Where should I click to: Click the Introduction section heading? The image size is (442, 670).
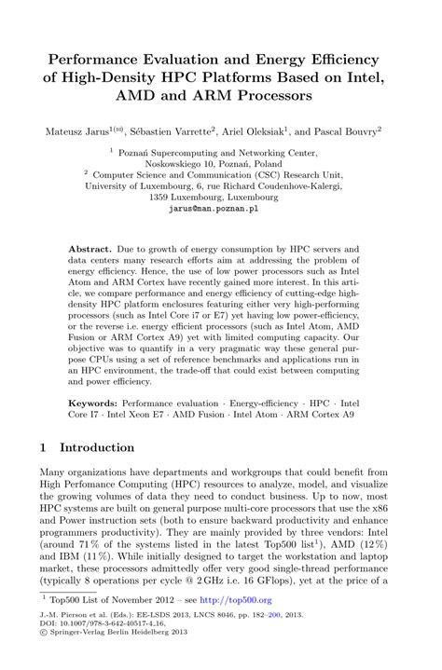coord(96,448)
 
